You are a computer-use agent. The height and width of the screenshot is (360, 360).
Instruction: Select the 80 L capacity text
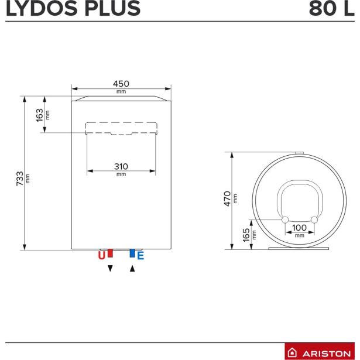[x=331, y=9]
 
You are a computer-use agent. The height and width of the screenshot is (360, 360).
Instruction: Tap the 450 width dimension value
[x=121, y=84]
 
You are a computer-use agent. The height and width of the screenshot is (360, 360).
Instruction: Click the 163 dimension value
[x=40, y=115]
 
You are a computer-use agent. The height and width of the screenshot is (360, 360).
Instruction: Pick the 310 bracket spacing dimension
[x=121, y=166]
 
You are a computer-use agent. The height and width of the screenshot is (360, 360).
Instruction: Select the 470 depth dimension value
[x=228, y=199]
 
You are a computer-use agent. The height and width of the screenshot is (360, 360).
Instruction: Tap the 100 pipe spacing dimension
[x=299, y=227]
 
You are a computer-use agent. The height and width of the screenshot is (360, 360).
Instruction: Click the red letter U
[x=101, y=255]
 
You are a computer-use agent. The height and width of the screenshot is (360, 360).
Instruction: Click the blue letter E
[x=140, y=255]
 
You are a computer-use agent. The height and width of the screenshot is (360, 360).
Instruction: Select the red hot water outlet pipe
[x=110, y=253]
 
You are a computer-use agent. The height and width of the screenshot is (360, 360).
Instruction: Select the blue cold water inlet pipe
[x=132, y=253]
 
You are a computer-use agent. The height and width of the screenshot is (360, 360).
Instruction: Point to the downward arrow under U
[x=110, y=269]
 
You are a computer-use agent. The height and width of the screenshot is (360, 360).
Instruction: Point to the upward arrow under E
[x=132, y=269]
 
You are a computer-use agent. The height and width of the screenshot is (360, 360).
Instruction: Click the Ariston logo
[x=320, y=352]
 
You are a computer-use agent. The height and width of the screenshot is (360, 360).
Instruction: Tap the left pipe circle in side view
[x=285, y=220]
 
